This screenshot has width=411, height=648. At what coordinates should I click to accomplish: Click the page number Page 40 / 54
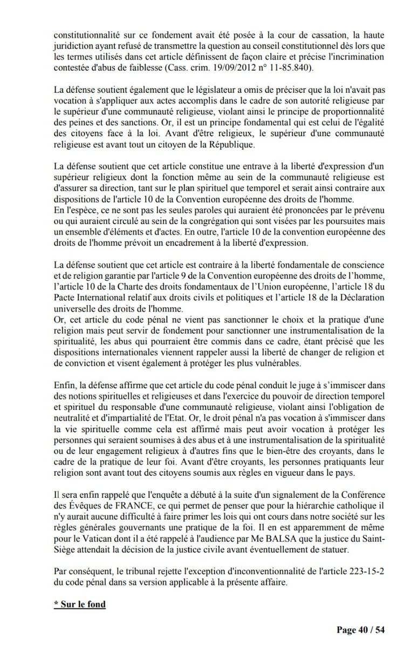360,630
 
